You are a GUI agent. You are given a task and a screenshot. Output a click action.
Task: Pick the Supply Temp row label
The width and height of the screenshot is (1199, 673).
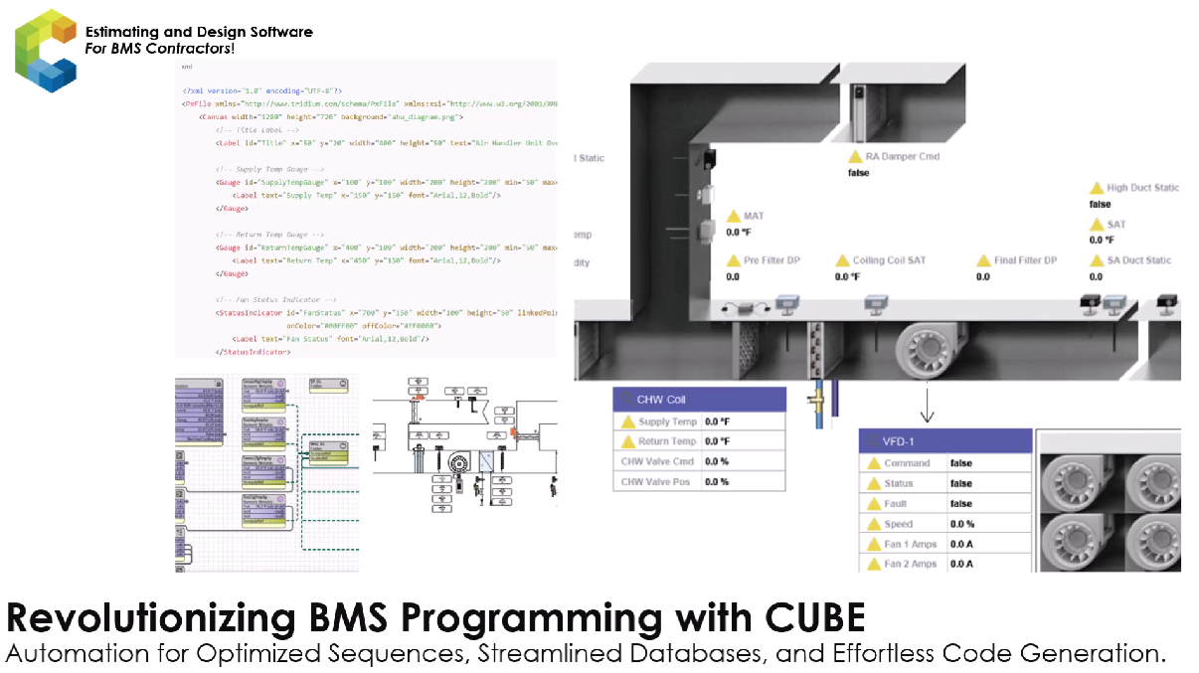point(667,421)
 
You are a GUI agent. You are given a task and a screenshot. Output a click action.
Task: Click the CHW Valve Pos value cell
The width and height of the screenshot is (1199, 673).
point(742,481)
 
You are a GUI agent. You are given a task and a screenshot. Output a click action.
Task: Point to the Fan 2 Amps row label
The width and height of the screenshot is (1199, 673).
point(910,564)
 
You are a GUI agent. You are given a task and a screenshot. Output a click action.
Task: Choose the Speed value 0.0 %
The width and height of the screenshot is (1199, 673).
point(961,524)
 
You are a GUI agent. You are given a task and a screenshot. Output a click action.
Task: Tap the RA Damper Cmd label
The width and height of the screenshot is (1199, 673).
point(902,157)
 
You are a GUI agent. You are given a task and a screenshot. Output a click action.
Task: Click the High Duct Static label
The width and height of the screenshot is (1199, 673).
point(1142,188)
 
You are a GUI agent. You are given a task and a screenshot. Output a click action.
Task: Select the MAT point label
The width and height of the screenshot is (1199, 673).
point(754,216)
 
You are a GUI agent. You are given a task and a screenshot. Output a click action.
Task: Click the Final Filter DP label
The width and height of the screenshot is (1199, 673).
point(1025,260)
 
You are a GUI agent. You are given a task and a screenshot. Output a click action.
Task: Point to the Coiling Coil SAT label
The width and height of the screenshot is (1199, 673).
point(889,260)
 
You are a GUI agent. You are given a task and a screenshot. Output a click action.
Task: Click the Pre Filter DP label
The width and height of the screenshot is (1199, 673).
point(771,260)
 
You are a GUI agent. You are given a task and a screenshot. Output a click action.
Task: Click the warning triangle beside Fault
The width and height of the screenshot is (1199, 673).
point(874,504)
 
